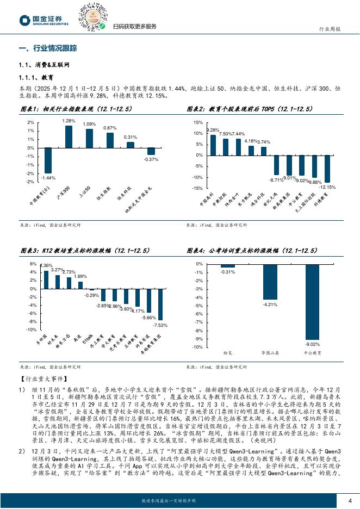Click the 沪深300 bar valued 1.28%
69,136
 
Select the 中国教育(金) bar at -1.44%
48,160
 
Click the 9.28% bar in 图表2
213,145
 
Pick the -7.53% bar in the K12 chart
160,305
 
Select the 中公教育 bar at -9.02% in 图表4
312,302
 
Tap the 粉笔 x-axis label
228,353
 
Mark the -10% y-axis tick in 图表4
198,347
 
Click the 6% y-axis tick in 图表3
33,264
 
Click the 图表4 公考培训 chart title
252,250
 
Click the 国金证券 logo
44,20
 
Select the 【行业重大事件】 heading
40,378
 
